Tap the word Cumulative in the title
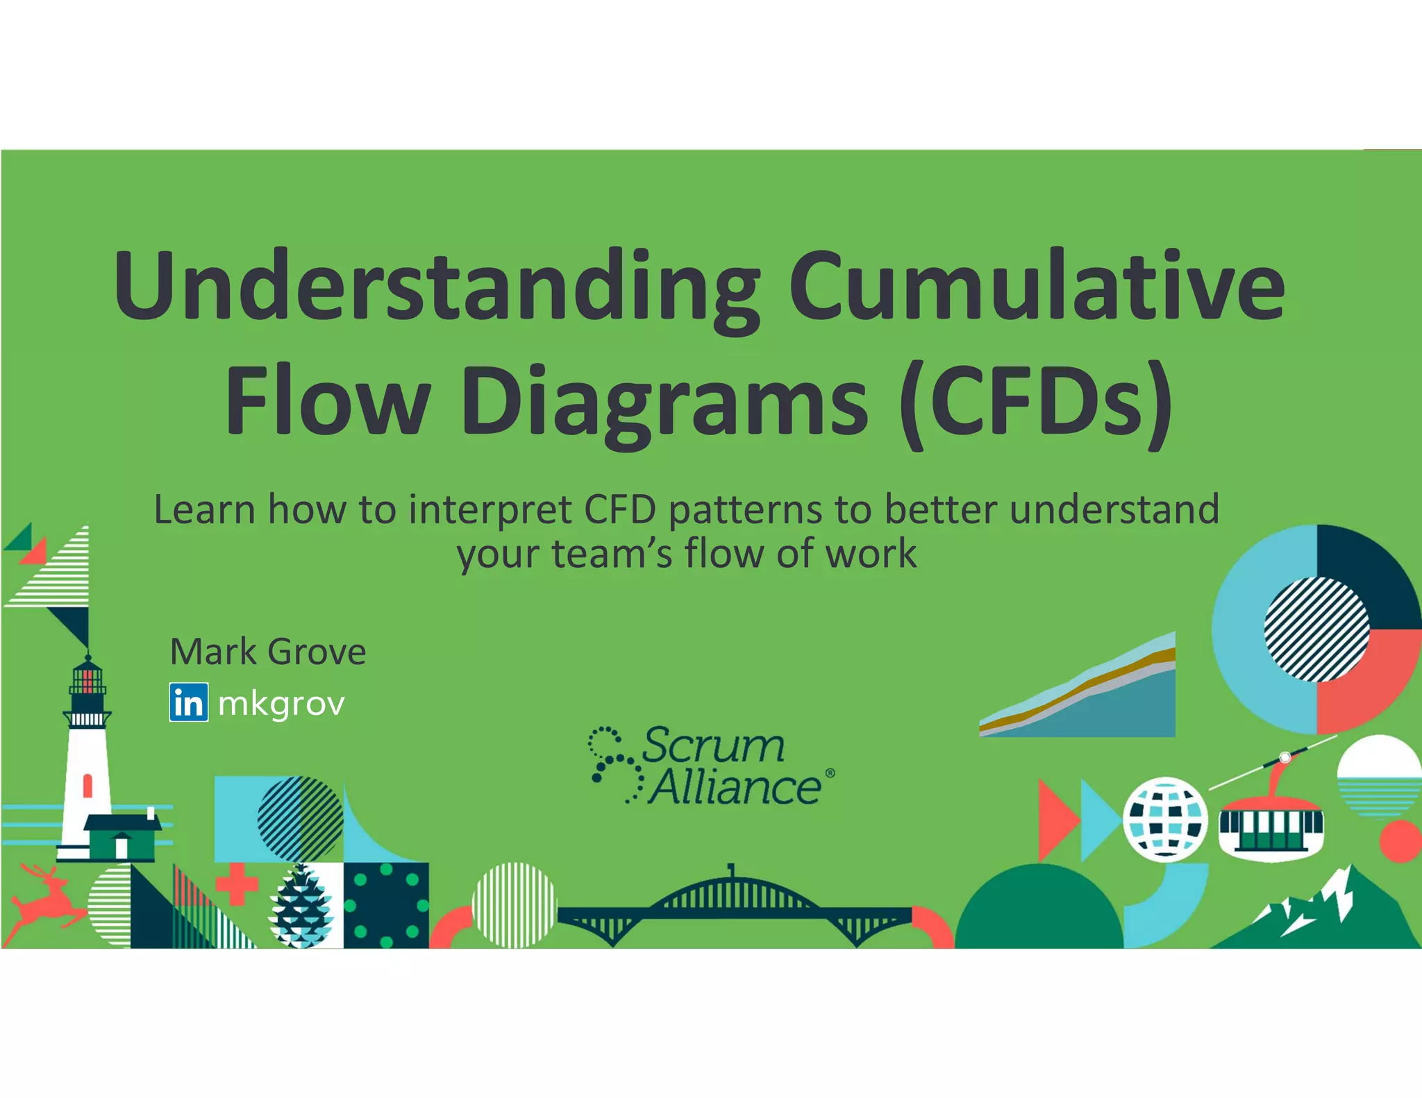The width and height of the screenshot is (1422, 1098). click(x=1036, y=286)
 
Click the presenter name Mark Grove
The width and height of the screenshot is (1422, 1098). click(x=268, y=652)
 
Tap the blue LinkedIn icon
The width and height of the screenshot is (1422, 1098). click(x=188, y=702)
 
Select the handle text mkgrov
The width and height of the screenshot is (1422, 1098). click(x=281, y=704)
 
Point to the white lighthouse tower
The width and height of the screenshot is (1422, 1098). click(x=87, y=763)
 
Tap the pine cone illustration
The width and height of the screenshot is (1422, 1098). click(x=301, y=906)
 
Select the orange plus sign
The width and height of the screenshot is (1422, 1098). click(x=236, y=884)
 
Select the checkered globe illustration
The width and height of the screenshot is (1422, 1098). click(x=1166, y=819)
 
